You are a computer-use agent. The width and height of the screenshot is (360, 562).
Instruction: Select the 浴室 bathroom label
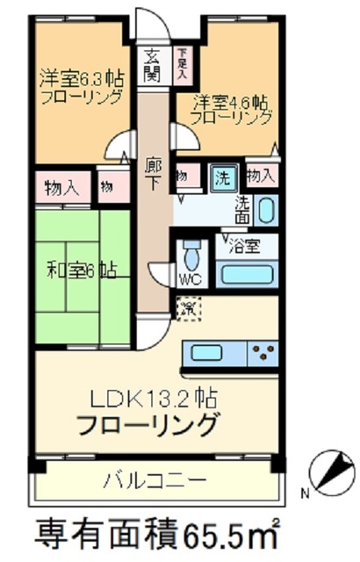click(x=245, y=246)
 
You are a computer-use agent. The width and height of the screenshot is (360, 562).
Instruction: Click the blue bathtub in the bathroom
click(x=248, y=274)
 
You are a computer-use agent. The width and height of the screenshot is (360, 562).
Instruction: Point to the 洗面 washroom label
click(x=241, y=208)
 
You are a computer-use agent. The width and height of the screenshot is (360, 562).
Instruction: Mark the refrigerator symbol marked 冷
click(x=188, y=308)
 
